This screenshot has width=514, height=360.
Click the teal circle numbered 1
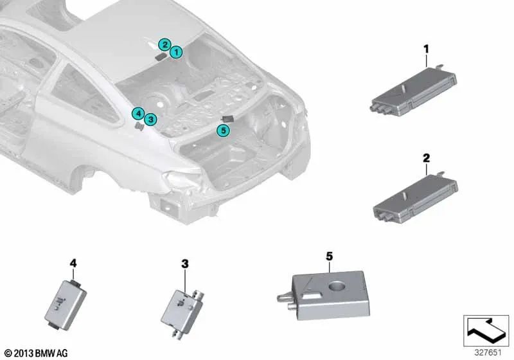[176, 52]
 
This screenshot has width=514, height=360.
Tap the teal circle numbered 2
[164, 44]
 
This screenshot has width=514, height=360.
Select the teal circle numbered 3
[150, 120]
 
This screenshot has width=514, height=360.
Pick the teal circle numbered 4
[138, 114]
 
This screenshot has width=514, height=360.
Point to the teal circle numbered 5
[223, 130]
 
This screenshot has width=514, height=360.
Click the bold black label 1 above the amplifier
[426, 50]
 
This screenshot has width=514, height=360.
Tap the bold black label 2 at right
[426, 158]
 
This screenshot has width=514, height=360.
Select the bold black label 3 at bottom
[185, 264]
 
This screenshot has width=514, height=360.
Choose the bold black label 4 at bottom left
[73, 263]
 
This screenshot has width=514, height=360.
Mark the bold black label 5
[330, 256]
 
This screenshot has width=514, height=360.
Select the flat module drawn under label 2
[416, 199]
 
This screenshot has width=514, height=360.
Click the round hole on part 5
[337, 286]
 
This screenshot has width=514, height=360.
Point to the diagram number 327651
[488, 353]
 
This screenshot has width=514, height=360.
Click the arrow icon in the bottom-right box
[486, 330]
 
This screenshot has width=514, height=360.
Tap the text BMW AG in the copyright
[51, 354]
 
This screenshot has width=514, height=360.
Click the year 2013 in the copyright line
[23, 354]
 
